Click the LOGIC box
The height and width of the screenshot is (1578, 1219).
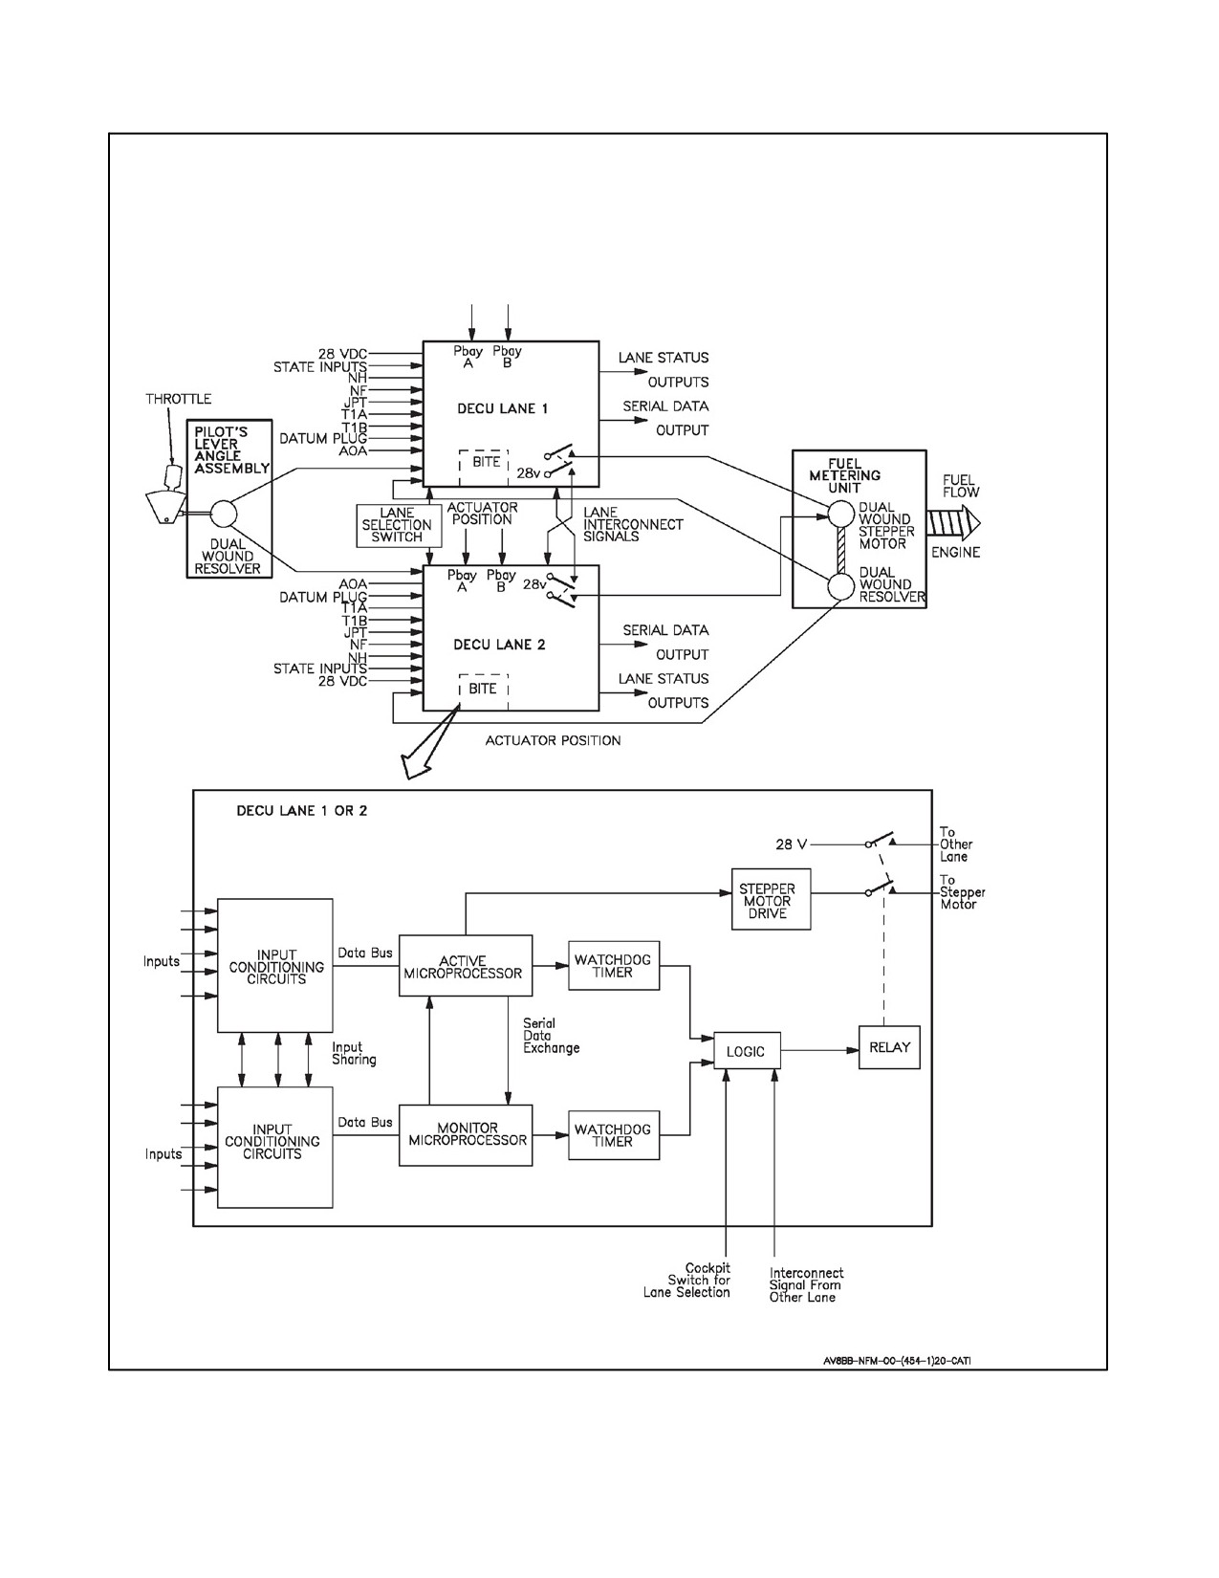747,1050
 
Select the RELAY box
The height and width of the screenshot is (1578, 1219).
889,1047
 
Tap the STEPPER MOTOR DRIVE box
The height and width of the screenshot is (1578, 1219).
771,899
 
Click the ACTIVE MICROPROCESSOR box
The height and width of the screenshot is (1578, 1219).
466,965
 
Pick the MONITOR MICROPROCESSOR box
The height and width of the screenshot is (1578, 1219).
466,1135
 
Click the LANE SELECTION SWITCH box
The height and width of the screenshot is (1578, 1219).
399,525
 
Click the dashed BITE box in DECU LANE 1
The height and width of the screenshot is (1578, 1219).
484,468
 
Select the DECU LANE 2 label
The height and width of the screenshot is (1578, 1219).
499,645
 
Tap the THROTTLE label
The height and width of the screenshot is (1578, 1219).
179,399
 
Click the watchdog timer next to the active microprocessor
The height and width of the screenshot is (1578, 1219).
614,965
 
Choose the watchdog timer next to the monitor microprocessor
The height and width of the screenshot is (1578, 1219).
614,1135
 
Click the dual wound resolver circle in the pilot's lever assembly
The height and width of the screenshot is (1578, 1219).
224,515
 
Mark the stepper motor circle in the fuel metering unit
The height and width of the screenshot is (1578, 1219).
841,515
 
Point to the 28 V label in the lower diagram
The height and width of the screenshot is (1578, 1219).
792,844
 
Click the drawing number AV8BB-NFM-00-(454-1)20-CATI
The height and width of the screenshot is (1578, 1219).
898,1361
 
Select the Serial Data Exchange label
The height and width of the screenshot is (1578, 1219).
551,1036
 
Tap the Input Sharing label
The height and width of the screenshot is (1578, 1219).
355,1053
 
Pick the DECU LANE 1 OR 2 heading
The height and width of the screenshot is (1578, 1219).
302,810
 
